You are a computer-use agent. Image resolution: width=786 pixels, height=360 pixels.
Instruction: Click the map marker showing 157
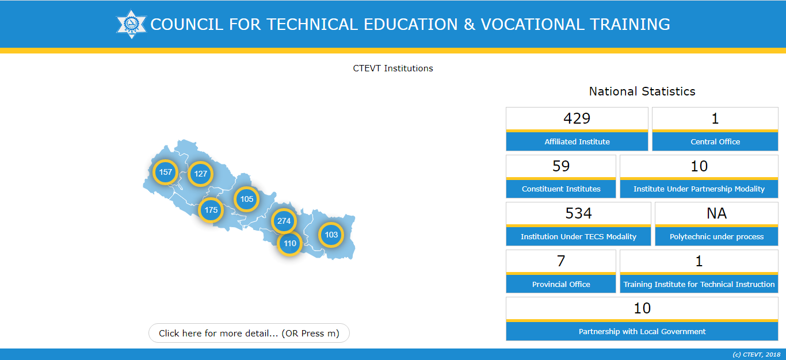[x=165, y=172]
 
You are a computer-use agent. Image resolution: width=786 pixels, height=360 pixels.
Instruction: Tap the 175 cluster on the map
[x=211, y=210]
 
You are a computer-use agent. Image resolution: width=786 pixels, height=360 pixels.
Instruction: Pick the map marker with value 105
[x=246, y=199]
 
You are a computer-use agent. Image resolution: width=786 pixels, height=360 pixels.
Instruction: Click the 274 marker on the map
[x=284, y=221]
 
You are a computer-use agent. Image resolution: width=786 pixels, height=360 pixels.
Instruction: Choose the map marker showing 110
[x=289, y=243]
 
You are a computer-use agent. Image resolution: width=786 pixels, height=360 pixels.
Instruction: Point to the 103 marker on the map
[x=331, y=235]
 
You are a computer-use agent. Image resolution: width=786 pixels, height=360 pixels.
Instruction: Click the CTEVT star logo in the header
[x=132, y=24]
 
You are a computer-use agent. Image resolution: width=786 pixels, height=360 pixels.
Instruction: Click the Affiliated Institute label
[x=577, y=141]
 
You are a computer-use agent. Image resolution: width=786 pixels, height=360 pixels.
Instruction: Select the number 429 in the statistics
[x=577, y=118]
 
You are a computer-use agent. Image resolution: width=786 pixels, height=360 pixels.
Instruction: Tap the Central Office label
[x=715, y=141]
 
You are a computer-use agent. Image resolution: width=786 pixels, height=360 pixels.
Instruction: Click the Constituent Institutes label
[x=560, y=189]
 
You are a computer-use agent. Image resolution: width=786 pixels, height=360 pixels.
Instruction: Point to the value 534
[x=578, y=213]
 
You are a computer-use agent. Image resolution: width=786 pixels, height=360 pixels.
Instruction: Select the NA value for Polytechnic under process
[x=716, y=213]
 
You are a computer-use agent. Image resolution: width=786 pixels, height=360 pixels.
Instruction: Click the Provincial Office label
[x=560, y=284]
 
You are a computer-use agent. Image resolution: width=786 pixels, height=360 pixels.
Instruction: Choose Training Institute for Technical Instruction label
[x=699, y=284]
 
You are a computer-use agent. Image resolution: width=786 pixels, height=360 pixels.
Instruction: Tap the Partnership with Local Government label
[x=642, y=331]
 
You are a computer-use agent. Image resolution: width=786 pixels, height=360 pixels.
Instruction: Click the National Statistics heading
[x=642, y=91]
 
